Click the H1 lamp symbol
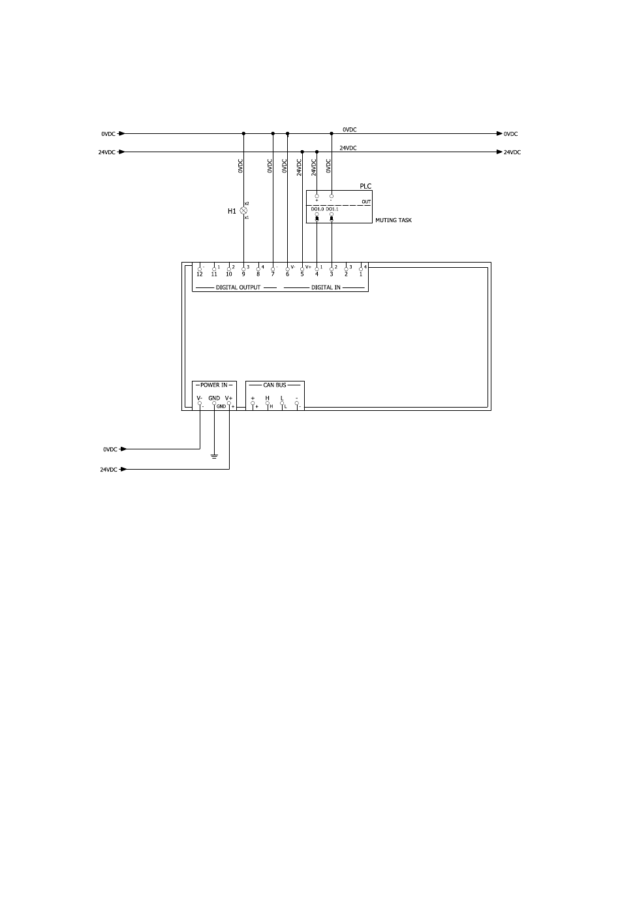243,211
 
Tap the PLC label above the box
365,186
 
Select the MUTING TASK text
394,220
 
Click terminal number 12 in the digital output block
200,274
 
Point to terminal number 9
243,274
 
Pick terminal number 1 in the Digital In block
360,274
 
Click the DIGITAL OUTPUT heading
238,287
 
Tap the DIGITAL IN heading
326,287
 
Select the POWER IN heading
214,385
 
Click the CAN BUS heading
275,385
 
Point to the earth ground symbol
214,455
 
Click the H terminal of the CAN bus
267,398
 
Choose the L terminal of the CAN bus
282,398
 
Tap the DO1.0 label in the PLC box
317,209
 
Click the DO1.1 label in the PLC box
332,209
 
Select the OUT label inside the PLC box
366,202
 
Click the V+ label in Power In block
229,398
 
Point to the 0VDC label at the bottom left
110,449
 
